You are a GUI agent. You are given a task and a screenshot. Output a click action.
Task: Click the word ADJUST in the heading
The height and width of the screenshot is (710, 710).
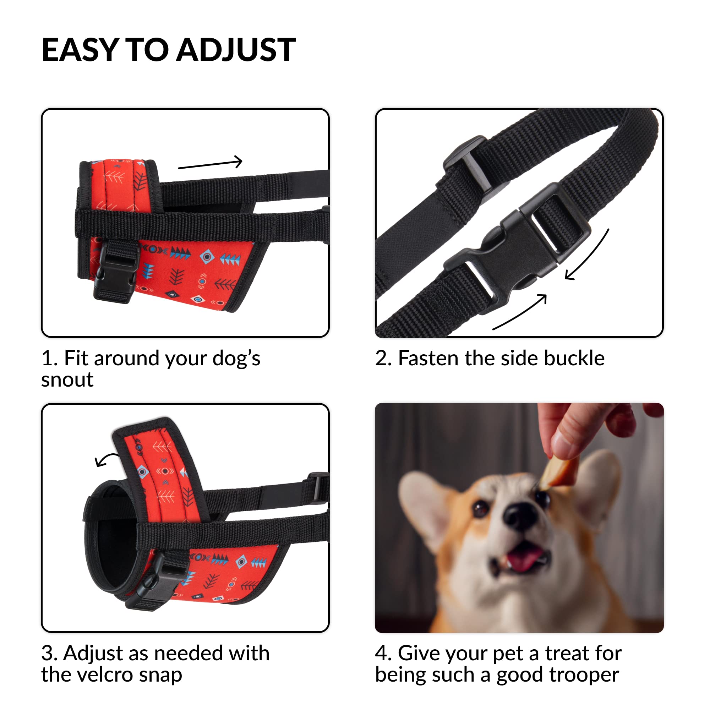(236, 50)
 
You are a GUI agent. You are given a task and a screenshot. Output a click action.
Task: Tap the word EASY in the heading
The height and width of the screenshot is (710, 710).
(80, 50)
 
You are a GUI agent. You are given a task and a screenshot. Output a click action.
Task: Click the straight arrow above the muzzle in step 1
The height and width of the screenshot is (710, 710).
(210, 164)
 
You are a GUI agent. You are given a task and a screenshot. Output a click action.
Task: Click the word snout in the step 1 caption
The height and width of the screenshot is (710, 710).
(67, 379)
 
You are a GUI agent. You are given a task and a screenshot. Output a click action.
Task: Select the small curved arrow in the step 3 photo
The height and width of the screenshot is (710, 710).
(106, 459)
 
